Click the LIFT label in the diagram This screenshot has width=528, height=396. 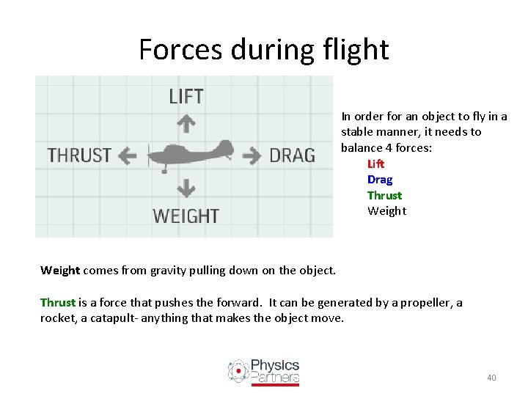(186, 96)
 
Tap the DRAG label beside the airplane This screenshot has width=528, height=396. (292, 155)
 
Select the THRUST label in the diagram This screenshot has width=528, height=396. (79, 155)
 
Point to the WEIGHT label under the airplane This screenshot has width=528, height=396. (186, 216)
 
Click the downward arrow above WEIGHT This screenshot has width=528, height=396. (186, 188)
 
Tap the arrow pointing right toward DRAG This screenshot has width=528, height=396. (252, 155)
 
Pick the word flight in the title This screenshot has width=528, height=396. (353, 50)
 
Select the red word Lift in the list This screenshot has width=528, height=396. (375, 164)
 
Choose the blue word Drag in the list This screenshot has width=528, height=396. (380, 180)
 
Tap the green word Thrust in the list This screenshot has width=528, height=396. (384, 195)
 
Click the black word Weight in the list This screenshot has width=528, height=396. (386, 211)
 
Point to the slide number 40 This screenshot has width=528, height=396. (491, 378)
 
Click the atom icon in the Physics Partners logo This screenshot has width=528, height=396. (238, 371)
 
